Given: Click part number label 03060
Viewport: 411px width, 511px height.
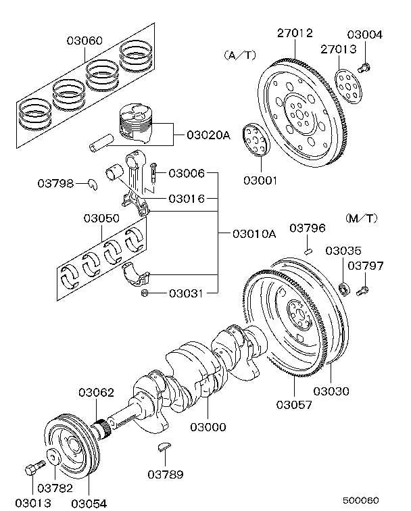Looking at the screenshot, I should point(84,41).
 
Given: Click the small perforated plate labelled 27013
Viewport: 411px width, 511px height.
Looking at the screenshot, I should point(348,84).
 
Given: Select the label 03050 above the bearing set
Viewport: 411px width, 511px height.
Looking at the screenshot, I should point(101,218).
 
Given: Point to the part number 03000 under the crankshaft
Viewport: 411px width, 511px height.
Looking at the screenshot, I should point(208,427).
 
